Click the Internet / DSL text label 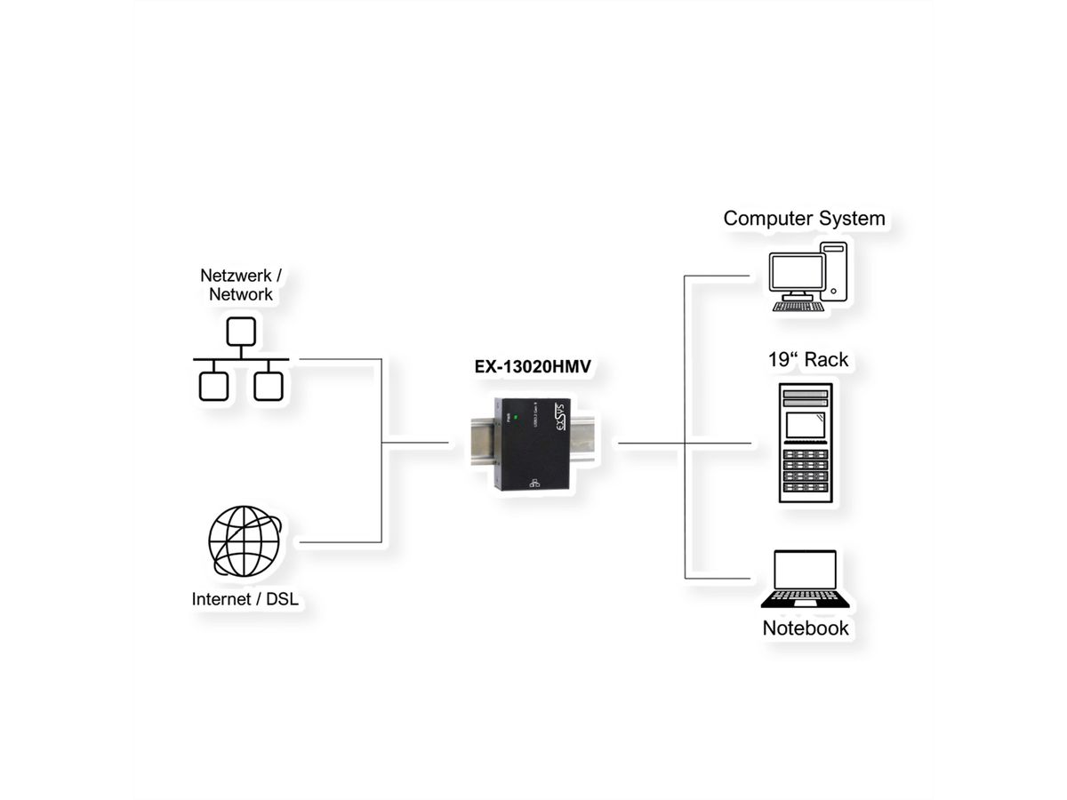pyautogui.click(x=245, y=599)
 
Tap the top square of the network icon pyautogui.click(x=240, y=332)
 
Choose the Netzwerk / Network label pyautogui.click(x=241, y=284)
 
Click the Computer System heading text pyautogui.click(x=804, y=218)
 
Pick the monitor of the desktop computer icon pyautogui.click(x=796, y=273)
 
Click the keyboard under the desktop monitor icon pyautogui.click(x=798, y=307)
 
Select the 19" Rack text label pyautogui.click(x=808, y=360)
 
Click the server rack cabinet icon pyautogui.click(x=806, y=443)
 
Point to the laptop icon pyautogui.click(x=806, y=580)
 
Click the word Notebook pyautogui.click(x=806, y=628)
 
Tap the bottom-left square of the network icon pyautogui.click(x=213, y=386)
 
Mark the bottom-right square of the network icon pyautogui.click(x=268, y=386)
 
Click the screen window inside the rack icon pyautogui.click(x=806, y=425)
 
